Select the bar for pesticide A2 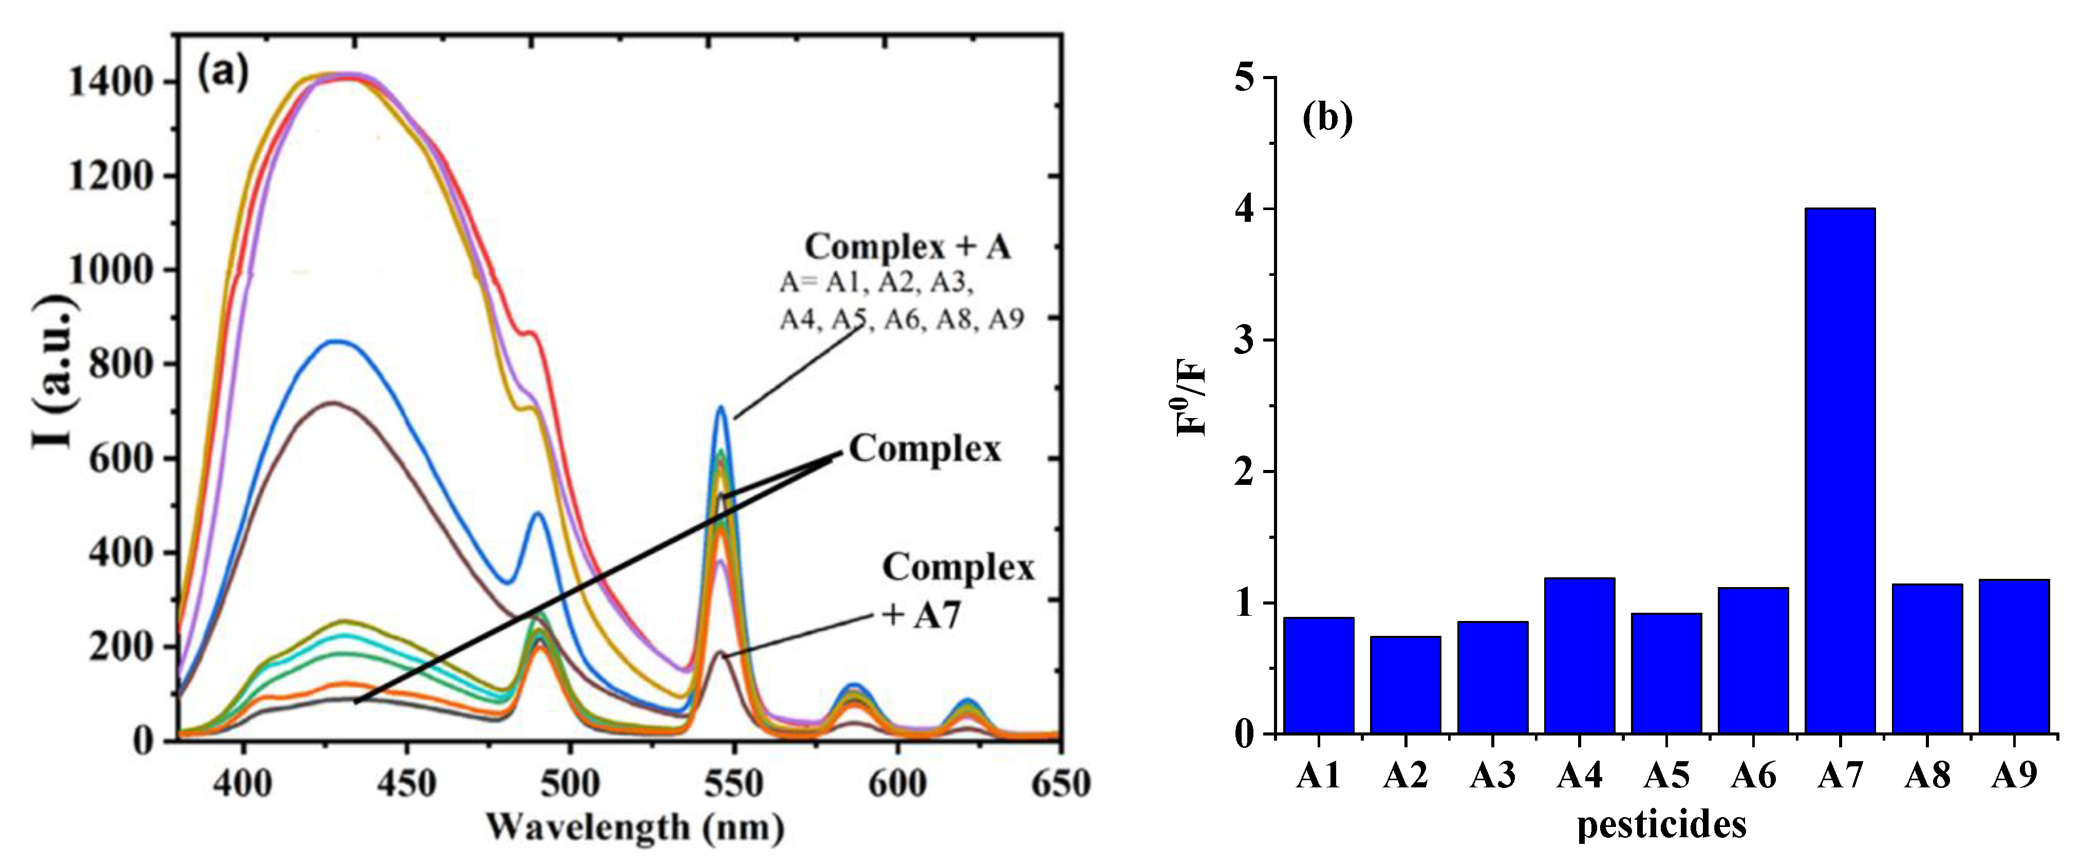[1405, 685]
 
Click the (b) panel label [1326, 118]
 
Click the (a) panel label [223, 73]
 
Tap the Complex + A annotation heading [907, 247]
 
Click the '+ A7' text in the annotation [921, 616]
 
